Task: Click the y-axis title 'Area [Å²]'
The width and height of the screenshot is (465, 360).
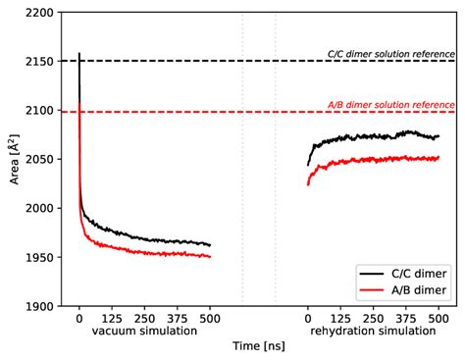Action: pyautogui.click(x=12, y=159)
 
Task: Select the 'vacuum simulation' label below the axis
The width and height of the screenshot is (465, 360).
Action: pyautogui.click(x=144, y=331)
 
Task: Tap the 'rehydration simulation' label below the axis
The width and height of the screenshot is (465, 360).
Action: pyautogui.click(x=374, y=331)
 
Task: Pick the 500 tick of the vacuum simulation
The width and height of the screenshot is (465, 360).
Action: pyautogui.click(x=210, y=319)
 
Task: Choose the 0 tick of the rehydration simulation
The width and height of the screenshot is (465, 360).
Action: pyautogui.click(x=308, y=319)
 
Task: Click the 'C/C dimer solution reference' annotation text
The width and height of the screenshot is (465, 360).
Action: pyautogui.click(x=390, y=54)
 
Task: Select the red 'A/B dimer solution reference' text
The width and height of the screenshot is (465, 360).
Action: pyautogui.click(x=390, y=105)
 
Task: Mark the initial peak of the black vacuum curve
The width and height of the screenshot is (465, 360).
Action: pyautogui.click(x=79, y=53)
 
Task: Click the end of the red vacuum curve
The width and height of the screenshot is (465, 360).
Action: pyautogui.click(x=210, y=256)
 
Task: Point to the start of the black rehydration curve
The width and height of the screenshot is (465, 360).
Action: pyautogui.click(x=308, y=165)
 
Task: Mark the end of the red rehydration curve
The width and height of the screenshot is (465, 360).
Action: pyautogui.click(x=439, y=157)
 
